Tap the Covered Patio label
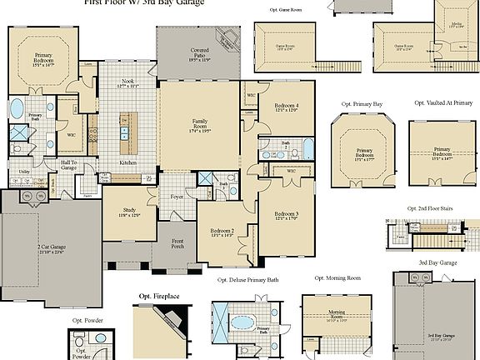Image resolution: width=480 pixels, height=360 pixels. pyautogui.click(x=197, y=57)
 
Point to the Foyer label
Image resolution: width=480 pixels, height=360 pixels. pyautogui.click(x=177, y=197)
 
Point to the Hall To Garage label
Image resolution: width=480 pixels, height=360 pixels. pyautogui.click(x=69, y=165)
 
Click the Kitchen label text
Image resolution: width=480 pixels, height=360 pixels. pyautogui.click(x=127, y=162)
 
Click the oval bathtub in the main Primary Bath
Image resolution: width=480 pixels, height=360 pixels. pyautogui.click(x=17, y=107)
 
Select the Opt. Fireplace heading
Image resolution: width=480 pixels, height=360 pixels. pyautogui.click(x=157, y=296)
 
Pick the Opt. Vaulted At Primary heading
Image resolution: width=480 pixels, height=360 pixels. pyautogui.click(x=442, y=102)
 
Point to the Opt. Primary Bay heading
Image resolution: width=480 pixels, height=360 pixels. pyautogui.click(x=361, y=104)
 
